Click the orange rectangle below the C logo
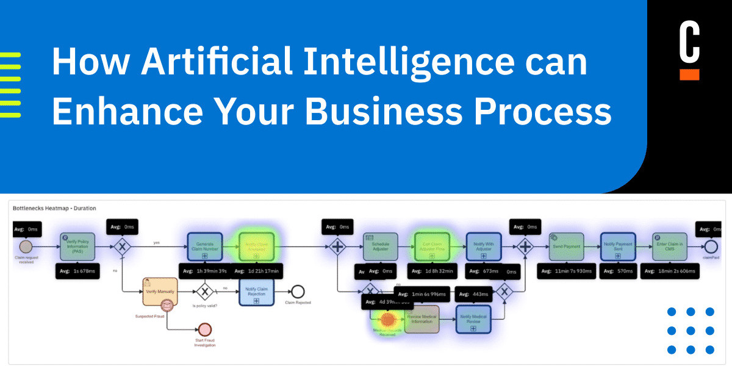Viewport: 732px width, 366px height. (x=689, y=74)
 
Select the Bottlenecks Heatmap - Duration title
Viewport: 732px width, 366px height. (x=55, y=208)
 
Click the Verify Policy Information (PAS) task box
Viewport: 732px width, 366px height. (x=76, y=246)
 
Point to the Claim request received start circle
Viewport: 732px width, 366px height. (x=26, y=246)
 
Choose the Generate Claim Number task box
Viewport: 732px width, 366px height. (x=204, y=246)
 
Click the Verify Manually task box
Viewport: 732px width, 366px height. (x=160, y=292)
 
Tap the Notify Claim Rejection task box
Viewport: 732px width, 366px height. (x=256, y=292)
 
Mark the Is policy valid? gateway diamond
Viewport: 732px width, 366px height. (x=205, y=292)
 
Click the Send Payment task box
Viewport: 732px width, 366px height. (x=566, y=246)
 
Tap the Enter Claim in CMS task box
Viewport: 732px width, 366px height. (x=669, y=246)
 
